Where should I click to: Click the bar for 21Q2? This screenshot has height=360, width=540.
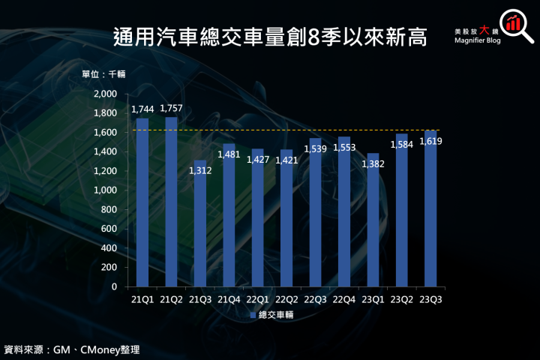tap(171, 202)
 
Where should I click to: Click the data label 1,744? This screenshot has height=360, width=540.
tap(142, 109)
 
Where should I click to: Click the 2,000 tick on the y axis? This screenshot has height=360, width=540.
tap(106, 94)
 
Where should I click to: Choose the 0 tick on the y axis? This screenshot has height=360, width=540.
tap(115, 286)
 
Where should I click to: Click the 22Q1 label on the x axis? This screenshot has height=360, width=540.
tap(257, 298)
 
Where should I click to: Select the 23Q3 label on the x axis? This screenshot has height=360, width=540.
tap(430, 298)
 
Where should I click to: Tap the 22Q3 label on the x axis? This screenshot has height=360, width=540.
tap(315, 298)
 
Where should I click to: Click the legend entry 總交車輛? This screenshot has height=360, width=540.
tap(274, 316)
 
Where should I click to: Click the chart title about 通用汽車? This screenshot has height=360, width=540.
tap(270, 37)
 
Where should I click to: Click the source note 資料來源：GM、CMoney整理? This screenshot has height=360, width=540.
tap(72, 349)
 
